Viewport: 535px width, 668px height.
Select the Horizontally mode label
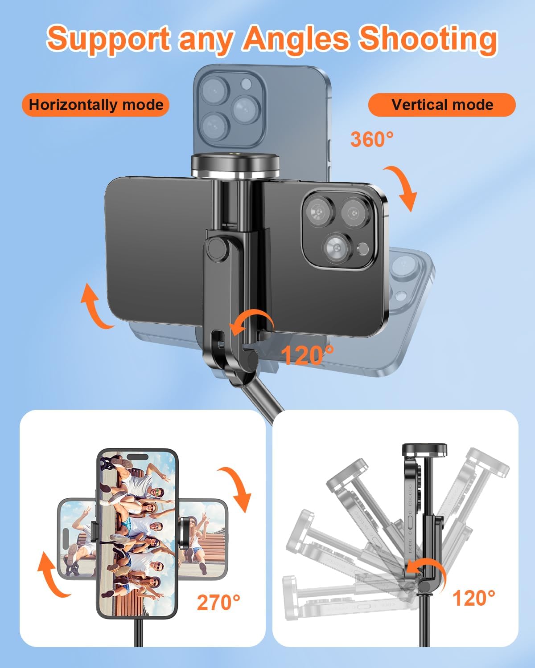pos(96,105)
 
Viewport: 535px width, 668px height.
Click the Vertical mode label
pos(442,105)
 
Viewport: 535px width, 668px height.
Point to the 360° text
pos(372,139)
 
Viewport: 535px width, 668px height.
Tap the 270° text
pos(218,603)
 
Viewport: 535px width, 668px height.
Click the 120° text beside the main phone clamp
pos(307,355)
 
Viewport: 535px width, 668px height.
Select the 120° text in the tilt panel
pos(474,598)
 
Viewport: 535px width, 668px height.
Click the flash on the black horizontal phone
pos(362,248)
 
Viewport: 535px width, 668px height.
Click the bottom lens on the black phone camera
pos(337,248)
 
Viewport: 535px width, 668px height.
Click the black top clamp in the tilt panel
pos(424,449)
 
